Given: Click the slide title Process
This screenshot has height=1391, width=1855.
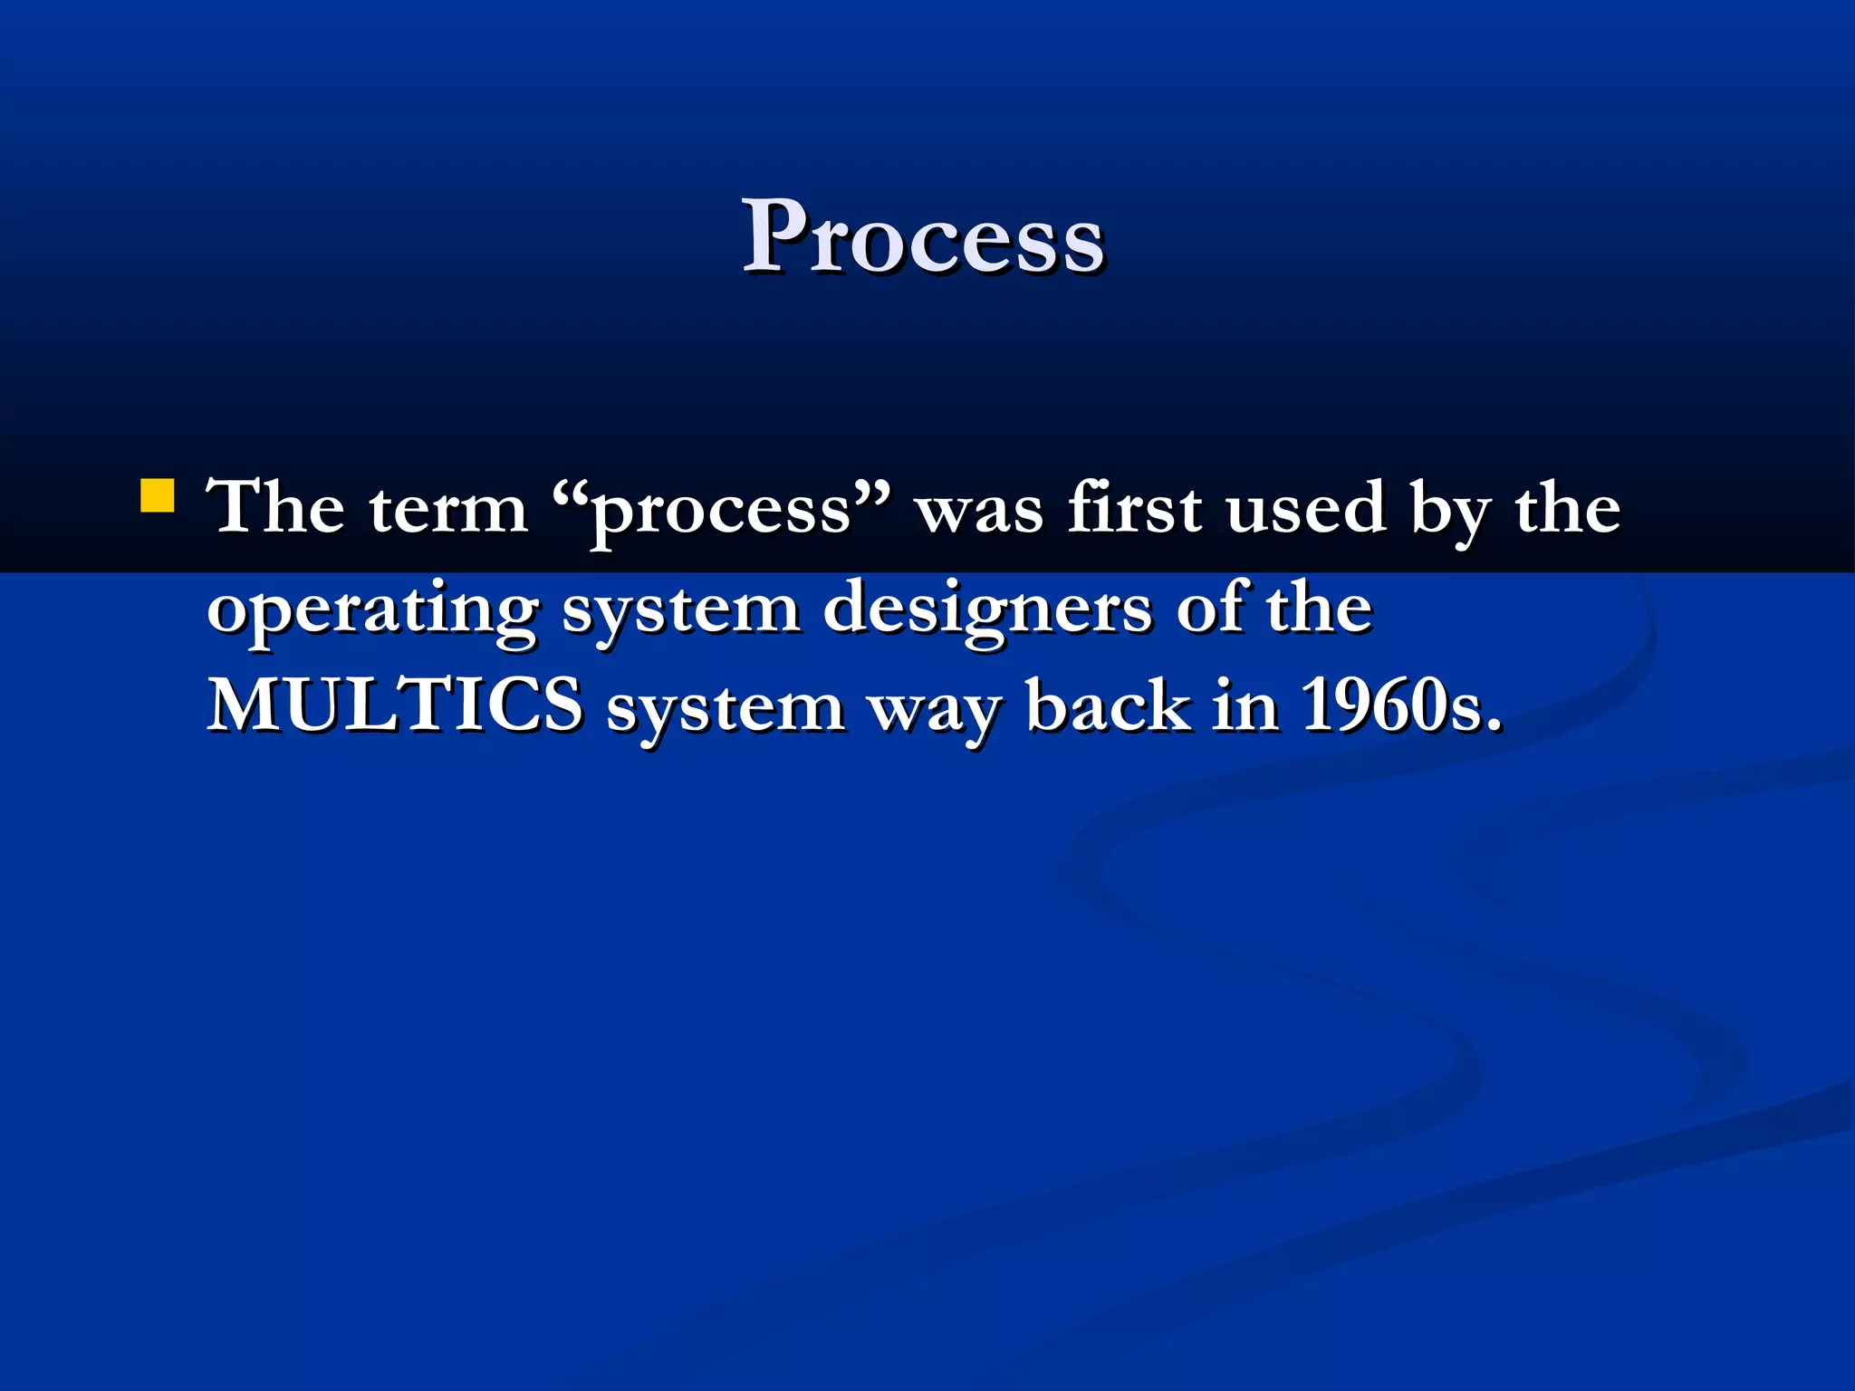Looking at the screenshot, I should [x=923, y=237].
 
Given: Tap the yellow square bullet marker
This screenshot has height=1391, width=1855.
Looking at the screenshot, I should [x=158, y=497].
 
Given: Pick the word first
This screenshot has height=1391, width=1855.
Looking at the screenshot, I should [x=1134, y=507].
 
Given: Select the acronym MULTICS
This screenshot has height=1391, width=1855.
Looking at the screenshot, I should [x=395, y=705].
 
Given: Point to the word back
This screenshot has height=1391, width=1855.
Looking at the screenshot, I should [x=1108, y=705].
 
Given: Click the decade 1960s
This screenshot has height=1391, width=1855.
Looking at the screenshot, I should [x=1400, y=705].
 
